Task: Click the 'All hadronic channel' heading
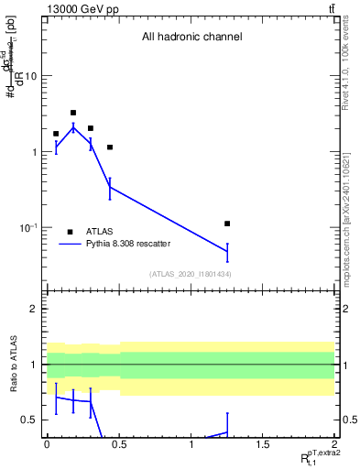[191, 38]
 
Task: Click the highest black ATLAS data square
[73, 113]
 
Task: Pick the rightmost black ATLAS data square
[227, 224]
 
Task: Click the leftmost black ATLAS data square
[56, 134]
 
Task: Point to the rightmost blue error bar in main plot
[227, 251]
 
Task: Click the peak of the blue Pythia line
[73, 127]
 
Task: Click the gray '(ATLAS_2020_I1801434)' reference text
[190, 274]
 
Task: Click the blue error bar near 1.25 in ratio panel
[227, 425]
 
